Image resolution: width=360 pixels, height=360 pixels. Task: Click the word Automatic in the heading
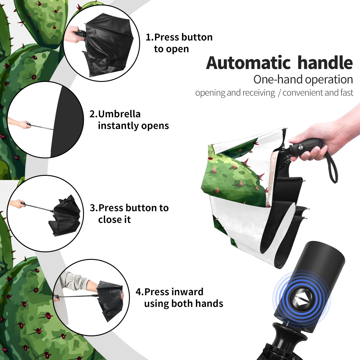point(248,63)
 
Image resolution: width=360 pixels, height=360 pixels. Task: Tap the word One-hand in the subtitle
point(278,79)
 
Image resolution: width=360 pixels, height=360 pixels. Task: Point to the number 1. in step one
point(150,37)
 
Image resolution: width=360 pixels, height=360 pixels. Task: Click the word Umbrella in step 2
point(119,114)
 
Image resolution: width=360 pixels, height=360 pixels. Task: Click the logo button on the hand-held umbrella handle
point(301,147)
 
